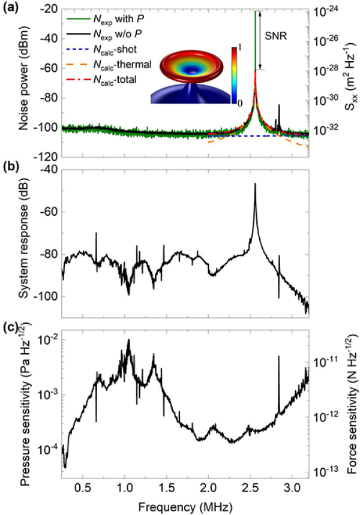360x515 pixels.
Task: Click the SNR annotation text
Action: coord(278,35)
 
